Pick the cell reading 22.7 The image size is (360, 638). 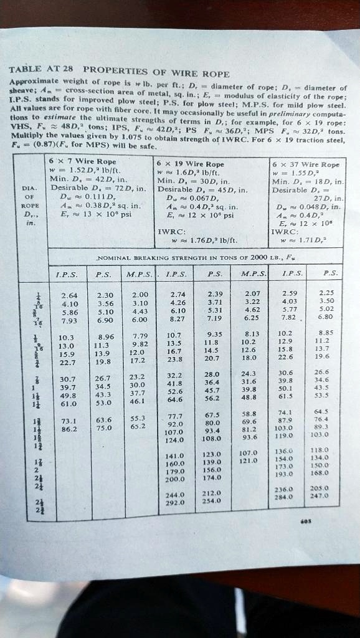click(x=69, y=363)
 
